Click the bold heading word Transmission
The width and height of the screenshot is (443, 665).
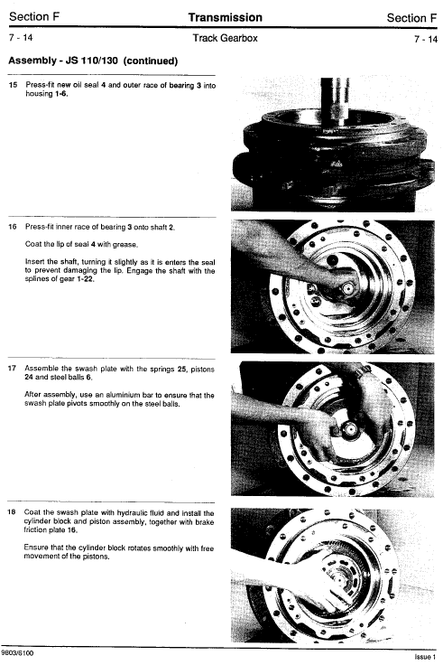pos(225,17)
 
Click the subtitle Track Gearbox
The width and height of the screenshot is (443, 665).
pos(225,38)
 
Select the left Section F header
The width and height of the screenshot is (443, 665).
pos(34,16)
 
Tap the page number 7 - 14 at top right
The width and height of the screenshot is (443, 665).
pos(426,39)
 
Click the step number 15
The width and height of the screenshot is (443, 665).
pos(13,85)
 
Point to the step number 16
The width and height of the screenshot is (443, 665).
pos(13,227)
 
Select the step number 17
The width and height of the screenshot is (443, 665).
pos(12,368)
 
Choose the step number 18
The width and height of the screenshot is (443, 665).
pos(12,512)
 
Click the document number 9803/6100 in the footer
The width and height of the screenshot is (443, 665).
pos(18,653)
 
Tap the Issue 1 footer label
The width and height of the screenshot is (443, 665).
pos(425,657)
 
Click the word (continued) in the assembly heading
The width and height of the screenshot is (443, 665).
pos(151,61)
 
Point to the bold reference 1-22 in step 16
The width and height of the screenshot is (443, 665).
pos(85,279)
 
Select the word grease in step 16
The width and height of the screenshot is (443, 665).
pos(126,245)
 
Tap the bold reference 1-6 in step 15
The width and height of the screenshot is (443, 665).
pos(61,94)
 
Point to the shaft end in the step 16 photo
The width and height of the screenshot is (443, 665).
pos(348,289)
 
